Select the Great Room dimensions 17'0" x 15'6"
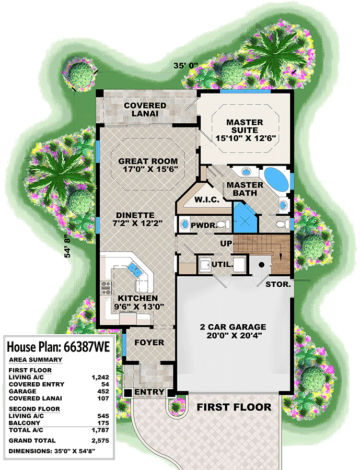click(x=147, y=170)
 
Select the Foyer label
click(x=149, y=343)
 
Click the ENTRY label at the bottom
click(x=149, y=392)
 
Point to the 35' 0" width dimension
click(x=185, y=66)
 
